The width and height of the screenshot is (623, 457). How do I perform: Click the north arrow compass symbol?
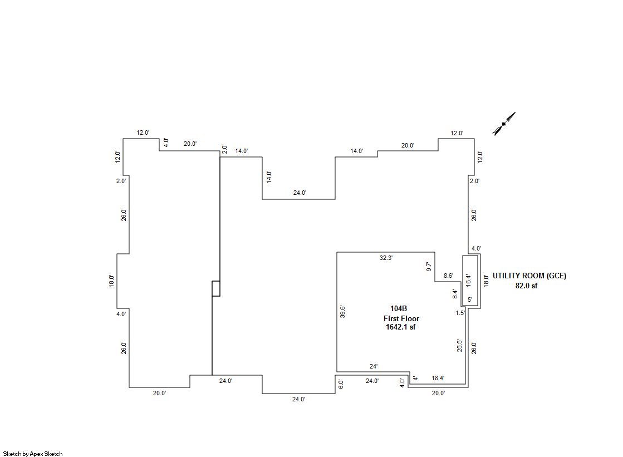click(504, 124)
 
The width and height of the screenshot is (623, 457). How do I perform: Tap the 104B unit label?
click(399, 308)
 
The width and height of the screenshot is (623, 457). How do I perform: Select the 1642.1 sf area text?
click(400, 327)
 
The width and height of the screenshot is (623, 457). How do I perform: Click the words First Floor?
click(401, 318)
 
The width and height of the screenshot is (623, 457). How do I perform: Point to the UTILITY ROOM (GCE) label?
click(529, 276)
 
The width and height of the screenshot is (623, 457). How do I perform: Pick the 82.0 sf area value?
click(527, 286)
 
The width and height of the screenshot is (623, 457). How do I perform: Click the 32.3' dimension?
click(386, 258)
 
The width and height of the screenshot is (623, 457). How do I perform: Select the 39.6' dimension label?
click(342, 312)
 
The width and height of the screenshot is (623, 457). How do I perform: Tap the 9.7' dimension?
click(429, 267)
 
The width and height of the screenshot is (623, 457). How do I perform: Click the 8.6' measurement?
click(449, 276)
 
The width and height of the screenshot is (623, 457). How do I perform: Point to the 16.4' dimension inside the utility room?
click(468, 280)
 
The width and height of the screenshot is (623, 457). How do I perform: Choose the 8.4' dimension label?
click(455, 294)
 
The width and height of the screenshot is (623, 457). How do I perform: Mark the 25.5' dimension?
click(460, 345)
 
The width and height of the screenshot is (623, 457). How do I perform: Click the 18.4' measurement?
click(438, 378)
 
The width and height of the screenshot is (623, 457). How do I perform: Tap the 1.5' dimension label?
click(460, 313)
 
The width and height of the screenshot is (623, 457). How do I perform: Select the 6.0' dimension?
click(341, 384)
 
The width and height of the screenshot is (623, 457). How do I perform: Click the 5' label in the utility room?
click(470, 299)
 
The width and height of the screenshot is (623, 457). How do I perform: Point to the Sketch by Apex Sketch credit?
click(33, 454)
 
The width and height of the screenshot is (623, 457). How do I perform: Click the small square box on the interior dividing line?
click(216, 288)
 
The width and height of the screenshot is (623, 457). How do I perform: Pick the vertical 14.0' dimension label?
click(269, 176)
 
